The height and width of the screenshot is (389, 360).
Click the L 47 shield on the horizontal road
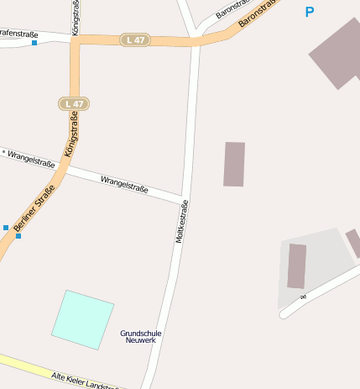[x=134, y=39]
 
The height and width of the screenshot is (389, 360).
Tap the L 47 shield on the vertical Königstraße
[x=74, y=104]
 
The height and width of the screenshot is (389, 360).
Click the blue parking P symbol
[x=310, y=12]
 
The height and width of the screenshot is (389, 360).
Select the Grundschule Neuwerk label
[x=141, y=336]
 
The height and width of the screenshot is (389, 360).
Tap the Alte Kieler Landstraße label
[x=84, y=380]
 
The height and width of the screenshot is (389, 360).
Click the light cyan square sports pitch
[x=82, y=319]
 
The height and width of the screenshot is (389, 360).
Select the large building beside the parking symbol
[x=337, y=52]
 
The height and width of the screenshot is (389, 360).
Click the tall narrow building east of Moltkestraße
[x=234, y=164]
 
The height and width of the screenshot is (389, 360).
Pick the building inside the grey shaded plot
[x=297, y=266]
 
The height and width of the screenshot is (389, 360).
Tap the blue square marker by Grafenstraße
[x=34, y=43]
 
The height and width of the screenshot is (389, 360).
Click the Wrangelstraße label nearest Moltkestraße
[x=124, y=184]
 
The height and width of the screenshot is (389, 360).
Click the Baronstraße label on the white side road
[x=232, y=9]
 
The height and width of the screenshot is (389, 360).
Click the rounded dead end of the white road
[x=284, y=314]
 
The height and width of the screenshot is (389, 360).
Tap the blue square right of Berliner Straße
[x=18, y=236]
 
